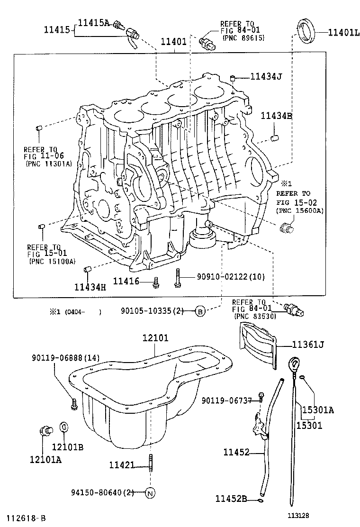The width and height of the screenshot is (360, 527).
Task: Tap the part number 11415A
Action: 93,22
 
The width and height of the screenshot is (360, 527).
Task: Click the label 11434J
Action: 266,76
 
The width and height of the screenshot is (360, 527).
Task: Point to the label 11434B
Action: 276,116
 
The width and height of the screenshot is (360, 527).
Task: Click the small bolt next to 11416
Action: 155,283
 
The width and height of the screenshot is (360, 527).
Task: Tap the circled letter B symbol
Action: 200,311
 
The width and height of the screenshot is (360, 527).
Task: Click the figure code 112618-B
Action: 26,518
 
